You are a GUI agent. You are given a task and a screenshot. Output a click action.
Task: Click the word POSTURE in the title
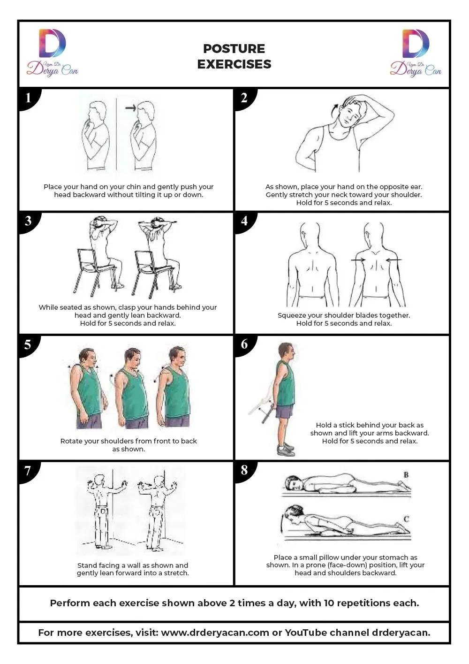234,49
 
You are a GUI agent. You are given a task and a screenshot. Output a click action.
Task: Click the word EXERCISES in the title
234,64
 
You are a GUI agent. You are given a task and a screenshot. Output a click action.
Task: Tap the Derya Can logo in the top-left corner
52,53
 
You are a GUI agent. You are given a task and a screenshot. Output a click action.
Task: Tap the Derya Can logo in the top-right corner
416,53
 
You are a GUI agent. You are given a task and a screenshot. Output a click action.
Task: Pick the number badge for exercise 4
245,221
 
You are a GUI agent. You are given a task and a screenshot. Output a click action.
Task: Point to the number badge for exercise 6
245,344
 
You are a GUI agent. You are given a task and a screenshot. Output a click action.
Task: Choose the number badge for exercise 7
28,471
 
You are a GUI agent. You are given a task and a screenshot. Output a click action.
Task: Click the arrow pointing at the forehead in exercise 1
131,107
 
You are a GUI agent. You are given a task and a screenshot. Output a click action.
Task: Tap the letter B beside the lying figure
406,474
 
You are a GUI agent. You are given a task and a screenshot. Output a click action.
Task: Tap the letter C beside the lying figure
406,519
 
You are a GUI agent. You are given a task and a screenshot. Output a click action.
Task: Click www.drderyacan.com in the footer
215,633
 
